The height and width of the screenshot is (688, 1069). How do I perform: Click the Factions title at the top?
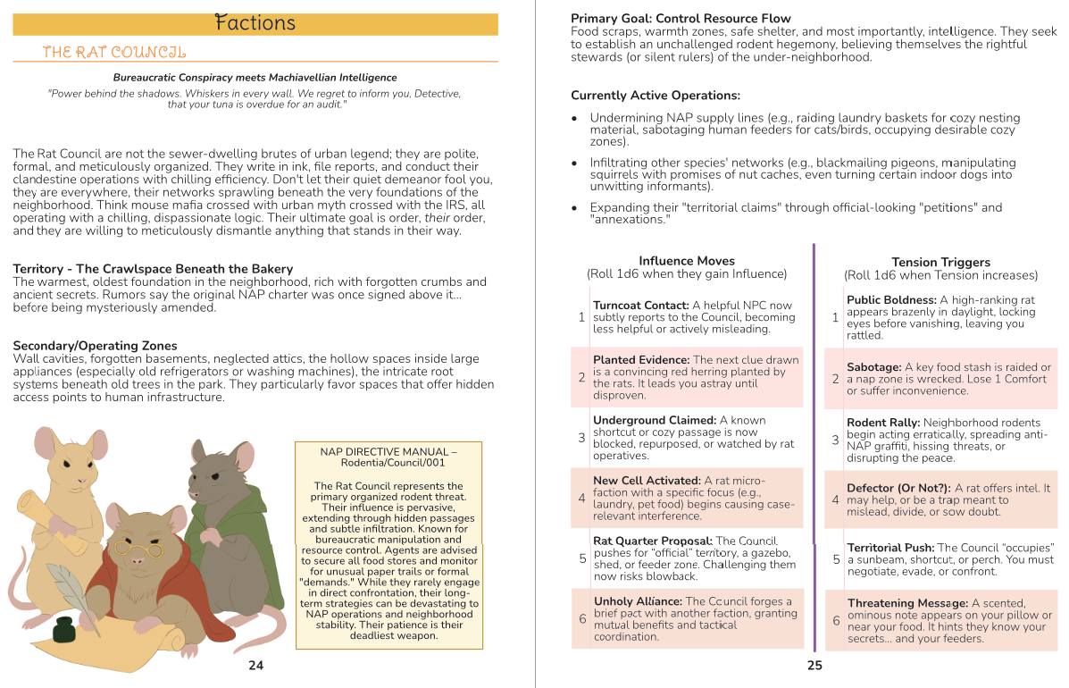tap(255, 24)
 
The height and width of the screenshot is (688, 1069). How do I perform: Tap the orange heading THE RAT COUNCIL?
tap(114, 53)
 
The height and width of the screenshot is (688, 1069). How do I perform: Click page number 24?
tap(255, 665)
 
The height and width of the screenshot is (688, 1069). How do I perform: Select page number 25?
tap(814, 665)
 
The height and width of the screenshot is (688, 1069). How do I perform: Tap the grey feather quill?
tap(69, 592)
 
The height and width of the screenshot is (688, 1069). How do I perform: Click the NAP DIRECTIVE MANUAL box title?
tap(388, 457)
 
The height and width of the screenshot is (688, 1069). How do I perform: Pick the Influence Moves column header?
tap(686, 262)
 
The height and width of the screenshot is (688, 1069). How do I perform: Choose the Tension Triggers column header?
tap(940, 263)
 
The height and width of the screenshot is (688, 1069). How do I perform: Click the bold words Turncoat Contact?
tap(640, 306)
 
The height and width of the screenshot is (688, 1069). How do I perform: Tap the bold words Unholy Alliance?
tap(637, 601)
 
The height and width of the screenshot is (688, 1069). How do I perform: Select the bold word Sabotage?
tap(873, 367)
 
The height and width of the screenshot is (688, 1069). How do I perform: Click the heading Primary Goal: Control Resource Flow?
tap(681, 19)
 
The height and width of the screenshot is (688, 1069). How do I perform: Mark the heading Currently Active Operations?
tap(656, 96)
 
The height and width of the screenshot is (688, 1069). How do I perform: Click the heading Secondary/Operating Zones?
tap(95, 346)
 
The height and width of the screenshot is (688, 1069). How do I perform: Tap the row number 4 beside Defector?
tap(835, 500)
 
